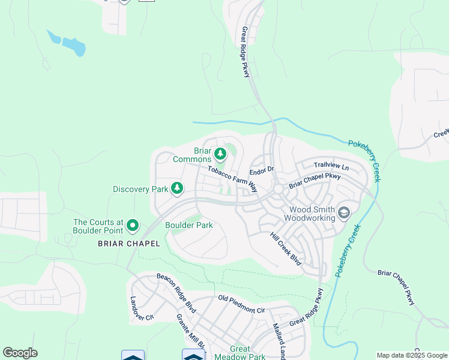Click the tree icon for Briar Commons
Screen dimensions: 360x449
220,155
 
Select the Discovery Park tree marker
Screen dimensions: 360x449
177,189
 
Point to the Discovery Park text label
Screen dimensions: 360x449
140,189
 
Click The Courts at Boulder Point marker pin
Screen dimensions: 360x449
133,226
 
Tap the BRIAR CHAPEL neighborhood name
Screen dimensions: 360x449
129,244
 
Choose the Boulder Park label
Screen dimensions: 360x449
189,226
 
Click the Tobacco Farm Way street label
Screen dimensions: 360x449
232,179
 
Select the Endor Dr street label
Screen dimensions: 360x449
262,170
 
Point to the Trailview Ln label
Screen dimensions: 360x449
331,165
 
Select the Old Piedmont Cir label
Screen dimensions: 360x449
241,304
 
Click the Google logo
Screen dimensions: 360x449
20,353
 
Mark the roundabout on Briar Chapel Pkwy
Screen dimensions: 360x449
278,189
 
